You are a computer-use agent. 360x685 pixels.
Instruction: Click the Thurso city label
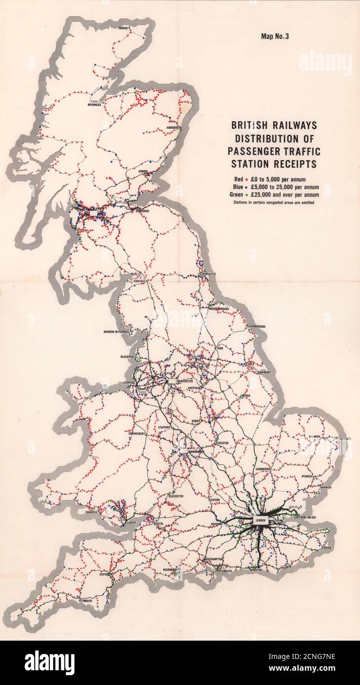[x=123, y=29]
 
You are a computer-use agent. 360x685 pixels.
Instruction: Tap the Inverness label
[x=94, y=104]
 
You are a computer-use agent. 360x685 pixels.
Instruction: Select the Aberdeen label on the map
[x=173, y=127]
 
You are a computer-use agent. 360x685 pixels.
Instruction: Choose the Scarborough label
[x=255, y=327]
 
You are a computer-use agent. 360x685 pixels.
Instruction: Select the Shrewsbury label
[x=136, y=434]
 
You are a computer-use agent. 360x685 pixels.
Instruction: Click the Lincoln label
[x=245, y=396]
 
